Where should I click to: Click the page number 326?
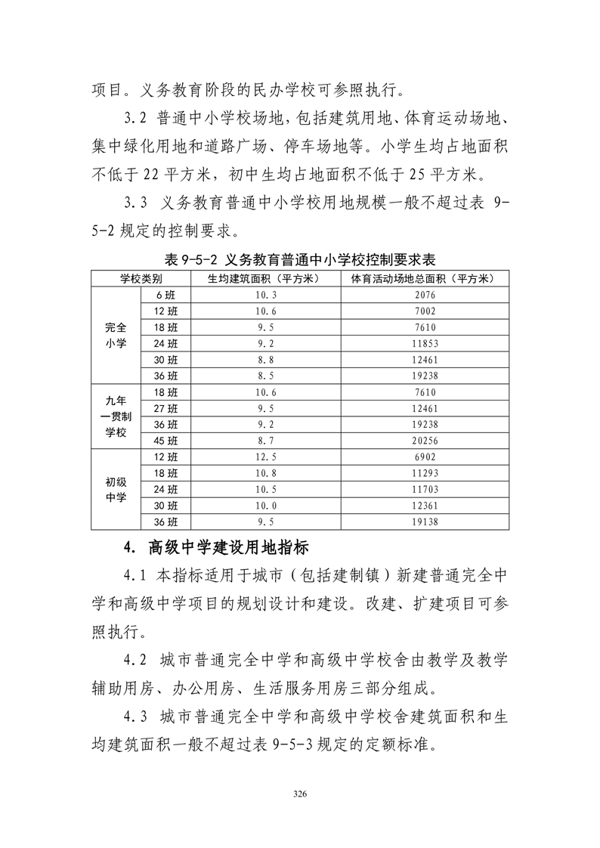[299, 794]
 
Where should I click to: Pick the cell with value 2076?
[425, 295]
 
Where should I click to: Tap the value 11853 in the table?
[425, 343]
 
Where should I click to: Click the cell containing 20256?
[425, 441]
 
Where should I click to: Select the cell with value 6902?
[425, 457]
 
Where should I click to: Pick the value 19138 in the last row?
[425, 521]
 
